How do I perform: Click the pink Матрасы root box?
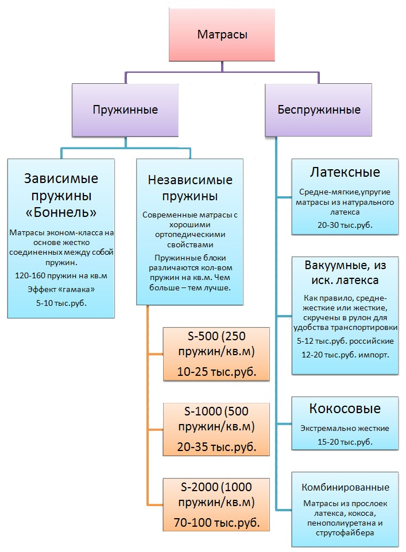pos(222,35)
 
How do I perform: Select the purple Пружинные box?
pos(125,109)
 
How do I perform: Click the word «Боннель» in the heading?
pos(61,213)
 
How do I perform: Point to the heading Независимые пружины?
pos(190,188)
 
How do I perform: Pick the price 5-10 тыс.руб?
pos(61,300)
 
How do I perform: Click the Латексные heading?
pos(345,172)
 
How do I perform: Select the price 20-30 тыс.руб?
pos(345,225)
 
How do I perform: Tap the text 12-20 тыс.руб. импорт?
pos(345,355)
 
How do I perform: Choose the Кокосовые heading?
pos(345,409)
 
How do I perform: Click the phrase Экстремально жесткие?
pos(345,428)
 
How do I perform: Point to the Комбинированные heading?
pos(345,487)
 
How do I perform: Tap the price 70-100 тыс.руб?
pos(216,522)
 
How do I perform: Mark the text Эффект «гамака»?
pos(61,288)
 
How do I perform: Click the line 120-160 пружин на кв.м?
pos(61,276)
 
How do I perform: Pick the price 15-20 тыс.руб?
pos(345,441)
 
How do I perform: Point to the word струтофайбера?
pos(345,533)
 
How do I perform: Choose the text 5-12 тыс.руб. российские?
pos(345,341)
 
